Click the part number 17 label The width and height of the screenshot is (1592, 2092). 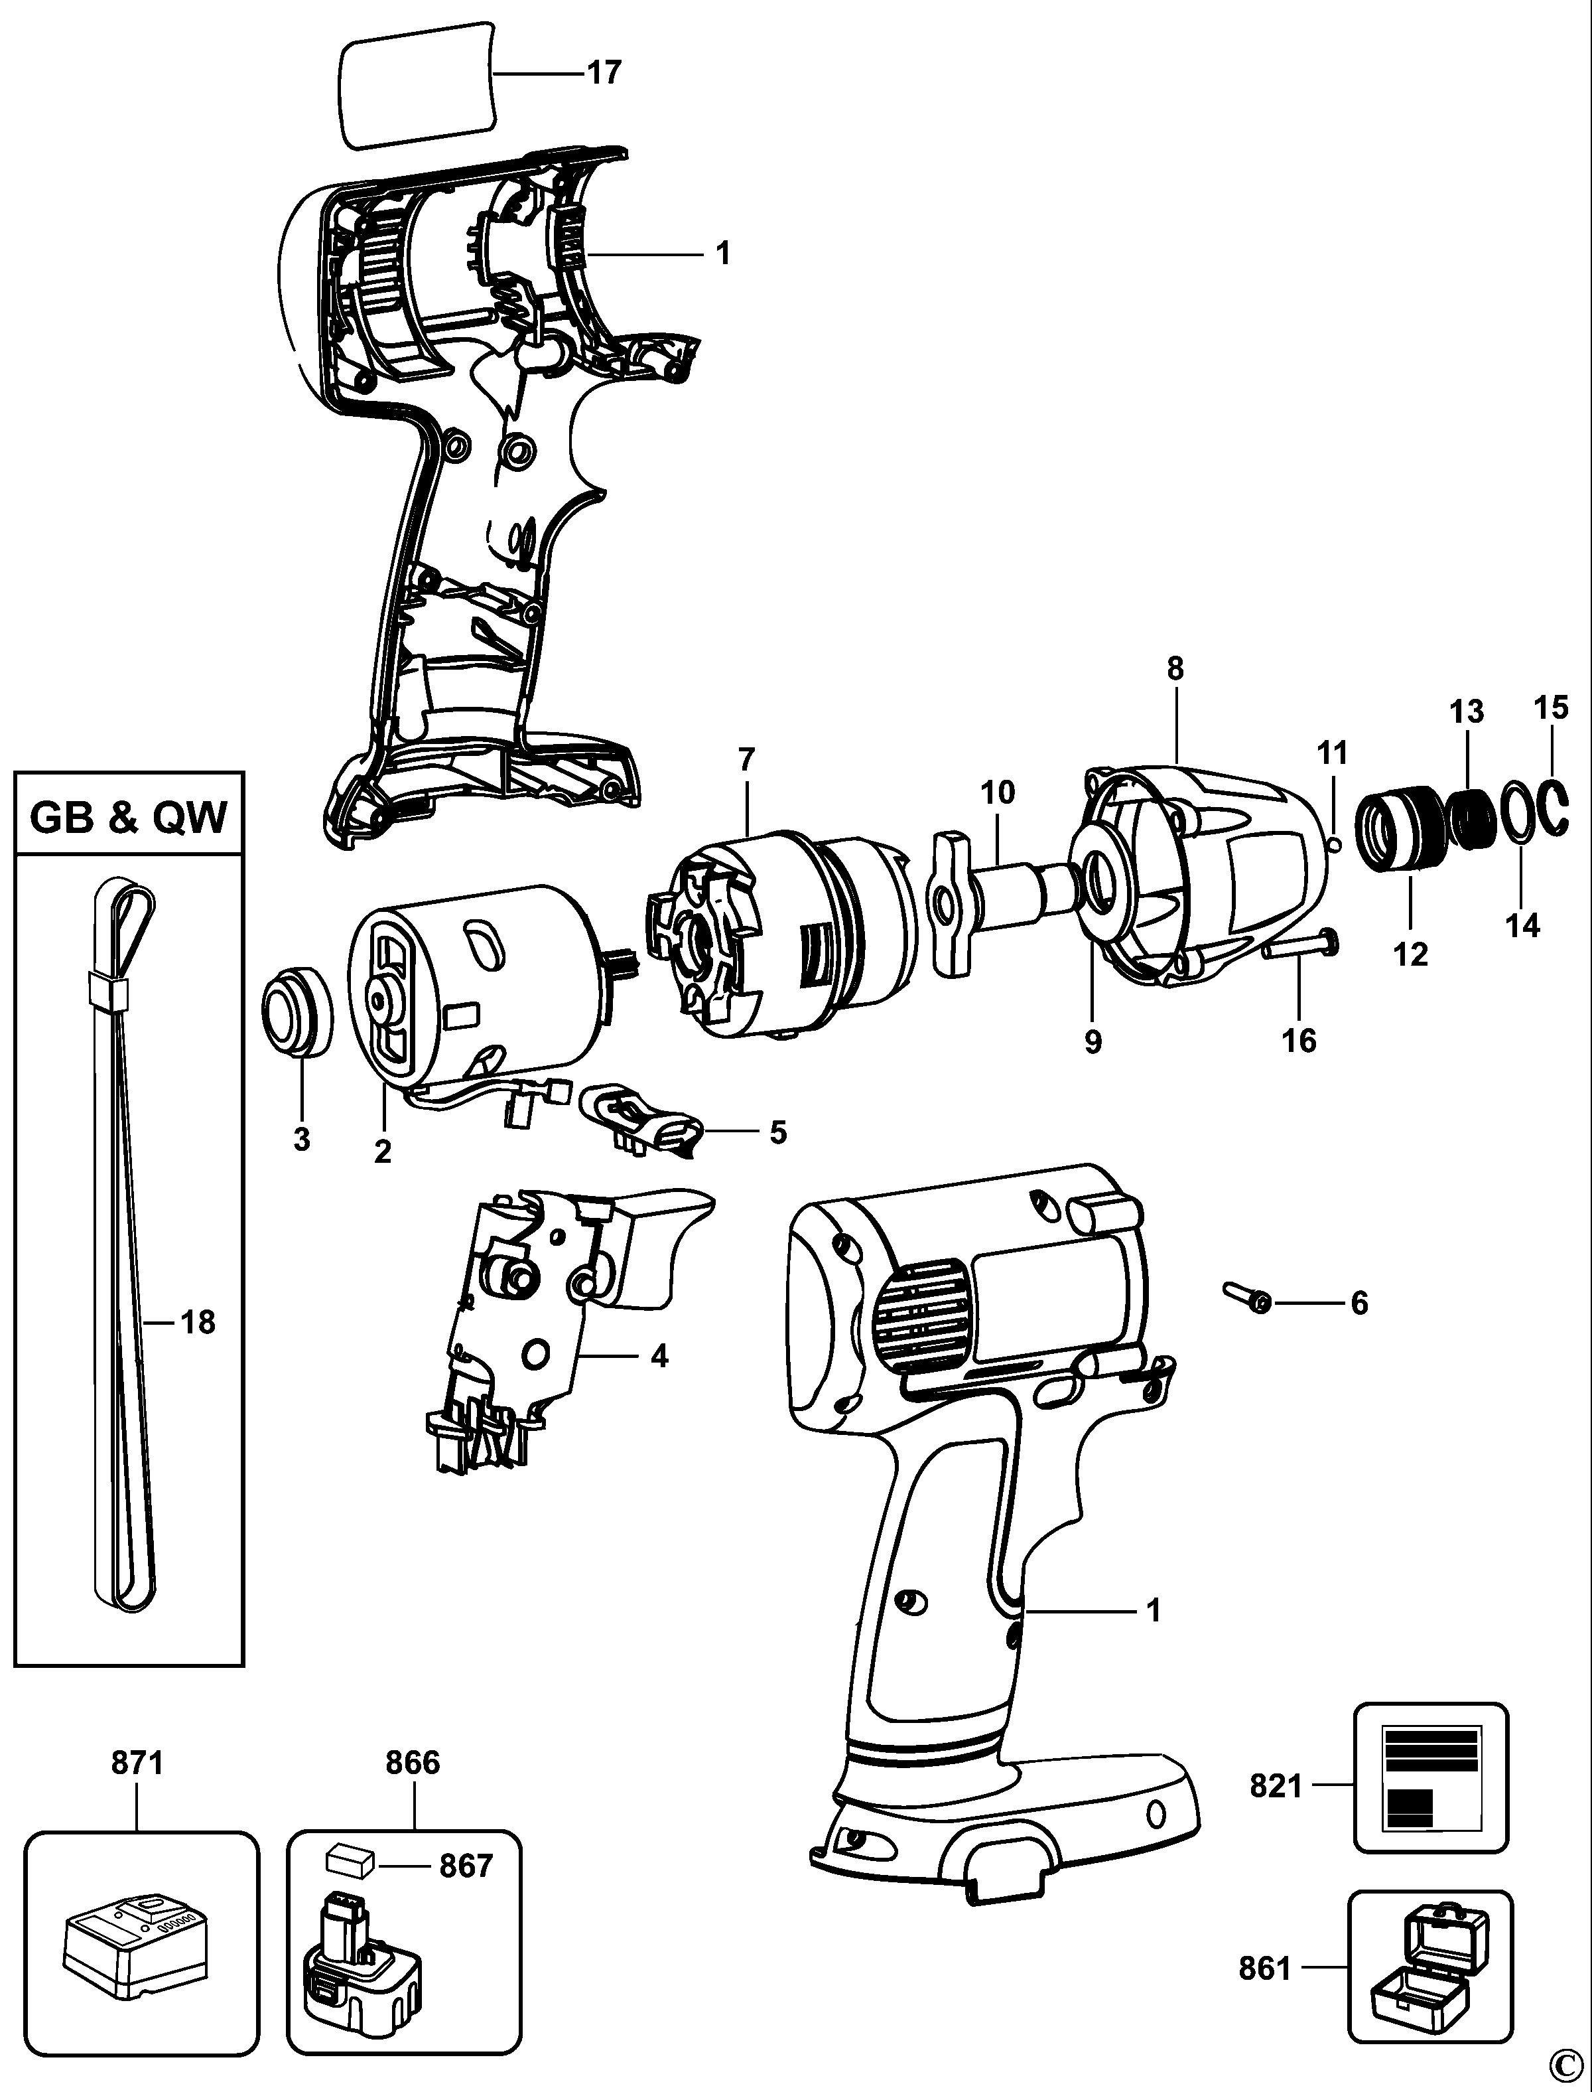coord(604,72)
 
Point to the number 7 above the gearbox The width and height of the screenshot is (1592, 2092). coord(747,759)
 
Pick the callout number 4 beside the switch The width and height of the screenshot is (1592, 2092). coord(659,1357)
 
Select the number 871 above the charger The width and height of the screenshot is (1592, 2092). coord(137,1762)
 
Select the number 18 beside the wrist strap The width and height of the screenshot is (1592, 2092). coord(198,1321)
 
